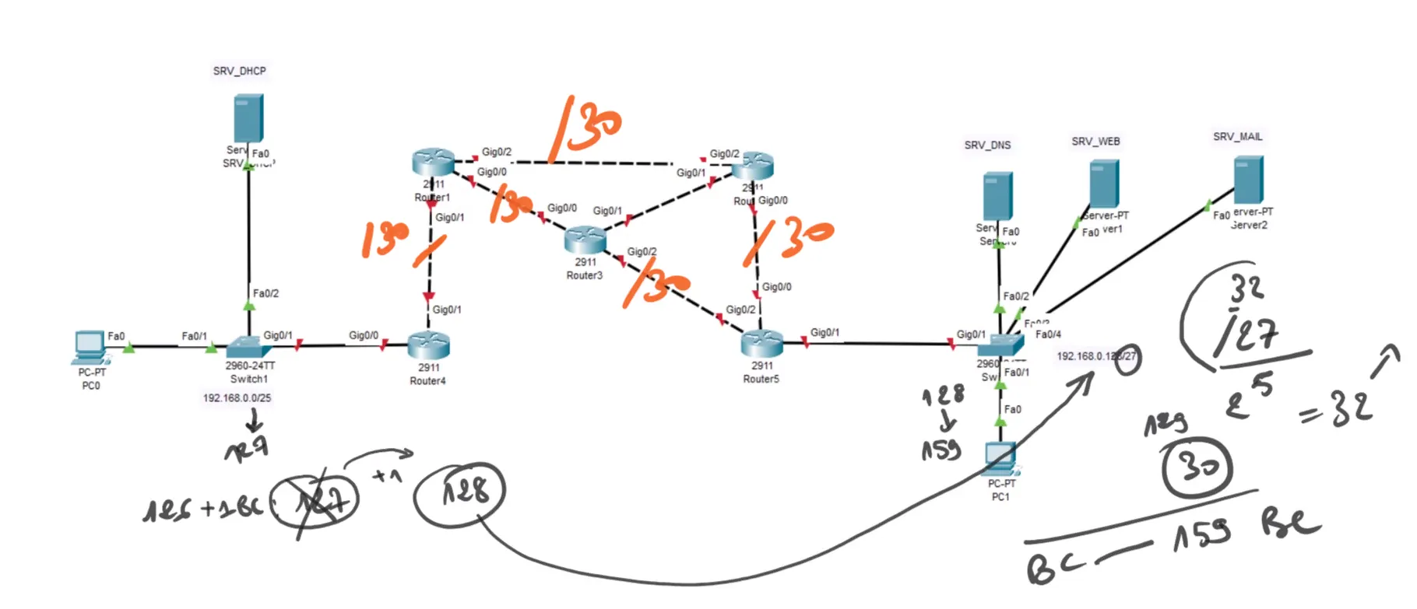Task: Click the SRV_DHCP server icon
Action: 248,118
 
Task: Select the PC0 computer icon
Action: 90,347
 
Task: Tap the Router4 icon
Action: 429,345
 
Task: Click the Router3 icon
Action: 585,240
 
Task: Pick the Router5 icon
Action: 762,343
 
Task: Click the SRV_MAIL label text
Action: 1237,137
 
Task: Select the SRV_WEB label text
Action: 1095,142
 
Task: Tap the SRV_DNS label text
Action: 987,145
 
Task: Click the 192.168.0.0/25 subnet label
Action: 237,398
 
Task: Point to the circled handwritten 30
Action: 1197,467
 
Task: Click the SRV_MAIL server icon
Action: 1249,179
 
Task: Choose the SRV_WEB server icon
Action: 1104,184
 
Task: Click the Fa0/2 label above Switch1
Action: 265,294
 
